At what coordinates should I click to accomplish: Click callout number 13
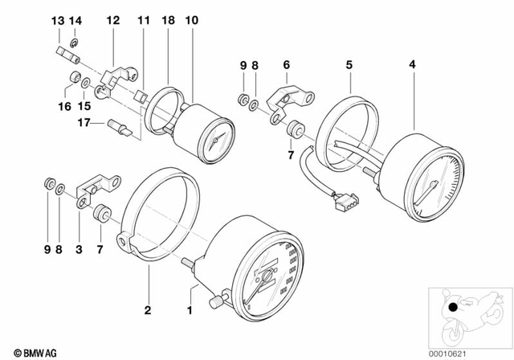[56, 19]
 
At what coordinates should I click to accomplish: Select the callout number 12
[112, 19]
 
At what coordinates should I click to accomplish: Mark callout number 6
[285, 63]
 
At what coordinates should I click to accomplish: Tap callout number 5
[349, 63]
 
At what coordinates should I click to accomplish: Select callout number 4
[412, 63]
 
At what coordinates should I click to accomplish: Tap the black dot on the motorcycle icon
[454, 307]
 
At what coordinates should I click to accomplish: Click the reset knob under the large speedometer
[218, 301]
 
